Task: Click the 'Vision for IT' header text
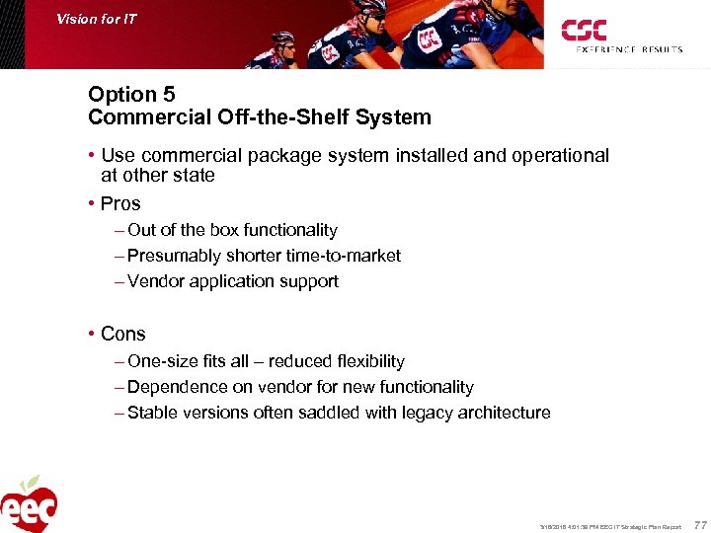97,19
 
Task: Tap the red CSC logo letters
584,31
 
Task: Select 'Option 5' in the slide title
131,95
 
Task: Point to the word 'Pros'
120,204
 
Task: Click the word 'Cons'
122,335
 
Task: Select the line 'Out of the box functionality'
232,230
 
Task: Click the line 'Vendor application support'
233,281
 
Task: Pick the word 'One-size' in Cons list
159,362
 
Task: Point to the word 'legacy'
412,414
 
